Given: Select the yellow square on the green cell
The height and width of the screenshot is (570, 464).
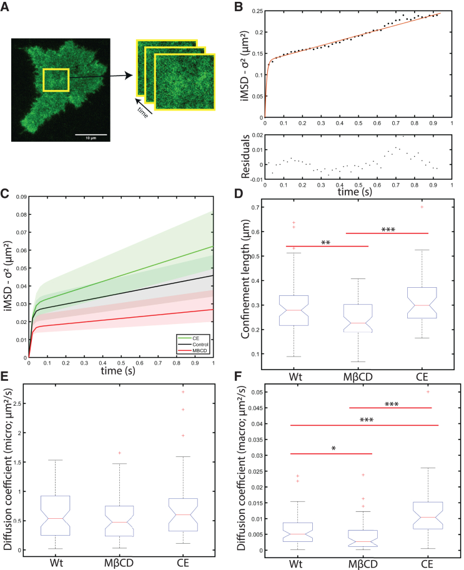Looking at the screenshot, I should tap(56, 81).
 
